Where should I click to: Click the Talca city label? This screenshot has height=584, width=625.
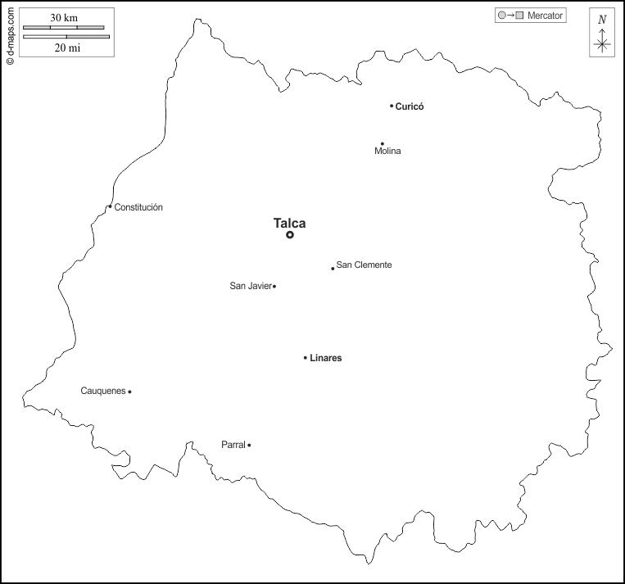[289, 222]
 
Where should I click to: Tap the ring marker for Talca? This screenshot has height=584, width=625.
[290, 235]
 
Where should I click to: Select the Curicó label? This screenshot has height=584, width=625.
[410, 106]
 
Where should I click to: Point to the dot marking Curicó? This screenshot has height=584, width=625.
[392, 106]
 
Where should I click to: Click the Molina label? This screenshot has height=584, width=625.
[387, 152]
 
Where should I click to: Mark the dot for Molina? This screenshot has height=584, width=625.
[382, 143]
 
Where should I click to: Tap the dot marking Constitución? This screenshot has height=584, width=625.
[110, 206]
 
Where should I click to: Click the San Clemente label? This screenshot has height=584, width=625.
[364, 265]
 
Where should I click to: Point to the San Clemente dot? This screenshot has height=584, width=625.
[333, 268]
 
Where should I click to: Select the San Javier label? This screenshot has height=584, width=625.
[250, 286]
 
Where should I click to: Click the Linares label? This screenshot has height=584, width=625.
[326, 358]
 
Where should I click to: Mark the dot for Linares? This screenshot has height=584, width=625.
[306, 358]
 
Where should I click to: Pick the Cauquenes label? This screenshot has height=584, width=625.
[103, 391]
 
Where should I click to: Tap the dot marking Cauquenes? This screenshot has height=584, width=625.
[129, 392]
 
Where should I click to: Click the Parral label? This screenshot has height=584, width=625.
[233, 445]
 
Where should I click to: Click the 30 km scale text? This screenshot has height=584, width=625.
[64, 18]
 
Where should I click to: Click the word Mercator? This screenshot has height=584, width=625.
[546, 16]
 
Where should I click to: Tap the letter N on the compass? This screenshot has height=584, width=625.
[602, 20]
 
